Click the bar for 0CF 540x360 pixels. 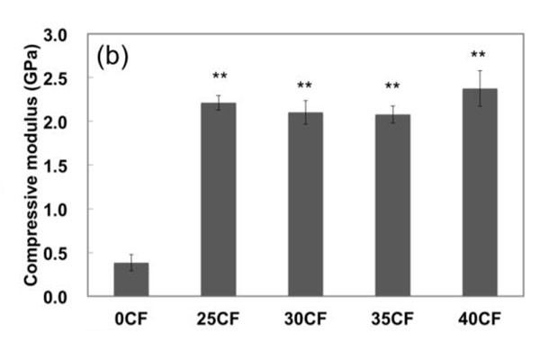130,280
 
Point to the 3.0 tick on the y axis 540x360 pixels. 70,35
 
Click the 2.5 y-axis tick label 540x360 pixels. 70,78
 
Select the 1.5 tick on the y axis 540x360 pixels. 70,166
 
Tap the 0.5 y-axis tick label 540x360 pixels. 70,253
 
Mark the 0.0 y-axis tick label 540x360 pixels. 70,297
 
